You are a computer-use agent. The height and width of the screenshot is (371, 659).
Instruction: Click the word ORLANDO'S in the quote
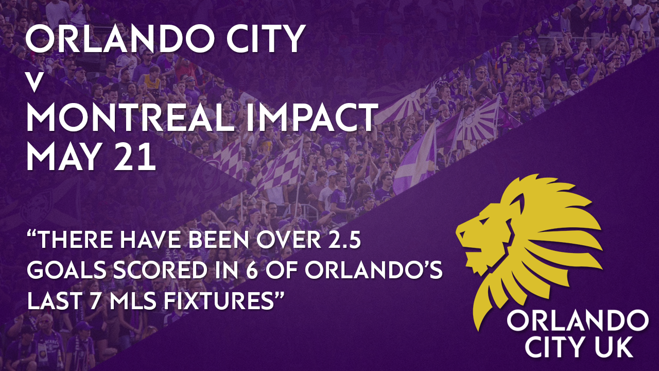(374, 271)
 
